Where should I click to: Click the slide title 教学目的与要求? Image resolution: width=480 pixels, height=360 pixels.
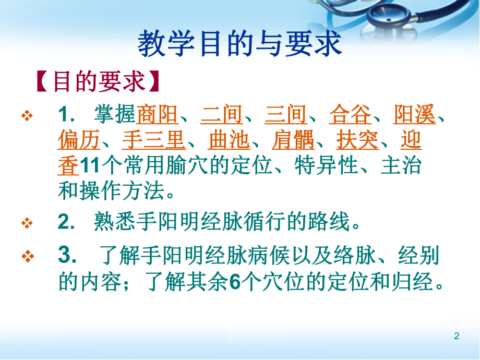pyautogui.click(x=239, y=44)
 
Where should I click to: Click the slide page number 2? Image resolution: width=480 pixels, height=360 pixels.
pyautogui.click(x=457, y=336)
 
